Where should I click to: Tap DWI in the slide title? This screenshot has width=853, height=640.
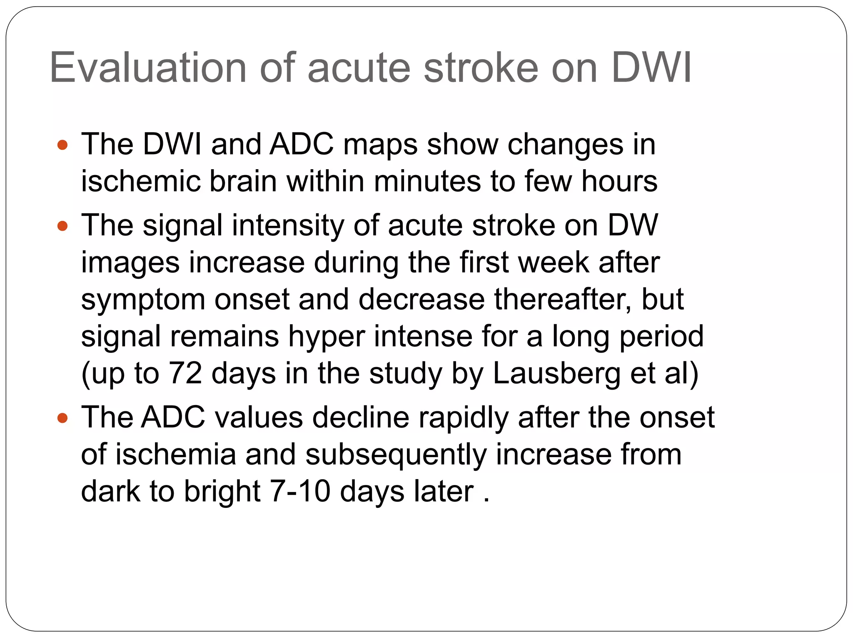pyautogui.click(x=651, y=68)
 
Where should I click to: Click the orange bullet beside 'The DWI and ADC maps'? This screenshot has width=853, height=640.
pyautogui.click(x=62, y=145)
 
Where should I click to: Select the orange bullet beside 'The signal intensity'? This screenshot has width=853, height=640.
pyautogui.click(x=62, y=226)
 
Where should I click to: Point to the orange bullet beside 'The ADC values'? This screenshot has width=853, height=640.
pyautogui.click(x=62, y=418)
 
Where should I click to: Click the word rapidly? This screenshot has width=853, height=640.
pyautogui.click(x=464, y=418)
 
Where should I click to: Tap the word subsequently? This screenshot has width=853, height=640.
pyautogui.click(x=396, y=455)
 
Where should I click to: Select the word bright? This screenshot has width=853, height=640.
pyautogui.click(x=222, y=491)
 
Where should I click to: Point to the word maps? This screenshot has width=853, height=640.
pyautogui.click(x=380, y=145)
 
